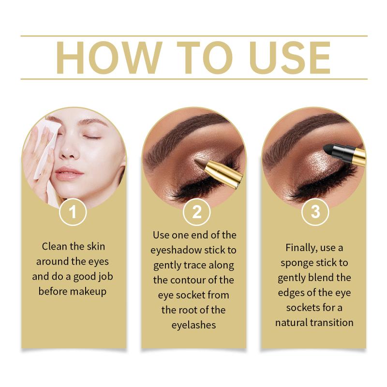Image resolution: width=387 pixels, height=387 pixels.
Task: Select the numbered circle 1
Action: point(73,212)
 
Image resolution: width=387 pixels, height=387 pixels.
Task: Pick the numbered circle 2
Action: point(197,212)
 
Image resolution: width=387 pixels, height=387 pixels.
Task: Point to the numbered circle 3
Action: point(315,212)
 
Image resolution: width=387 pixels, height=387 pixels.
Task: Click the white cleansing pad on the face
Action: point(47,148)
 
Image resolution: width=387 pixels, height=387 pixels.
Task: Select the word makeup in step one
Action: point(89,292)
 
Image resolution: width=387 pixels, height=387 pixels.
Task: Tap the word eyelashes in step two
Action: point(193,325)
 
